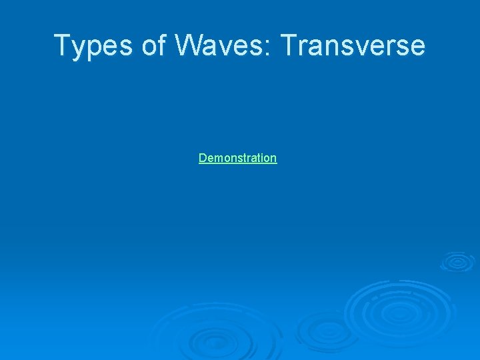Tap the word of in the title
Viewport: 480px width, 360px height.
coord(152,45)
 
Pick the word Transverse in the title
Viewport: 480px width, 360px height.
coord(353,45)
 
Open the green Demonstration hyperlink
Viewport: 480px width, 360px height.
coord(237,158)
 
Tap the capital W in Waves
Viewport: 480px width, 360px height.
coord(191,45)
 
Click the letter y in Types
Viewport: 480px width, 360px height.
coord(78,48)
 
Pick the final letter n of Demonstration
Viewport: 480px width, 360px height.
coord(273,159)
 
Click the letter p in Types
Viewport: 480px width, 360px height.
coord(92,49)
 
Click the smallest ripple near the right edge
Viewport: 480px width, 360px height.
coord(457,261)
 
